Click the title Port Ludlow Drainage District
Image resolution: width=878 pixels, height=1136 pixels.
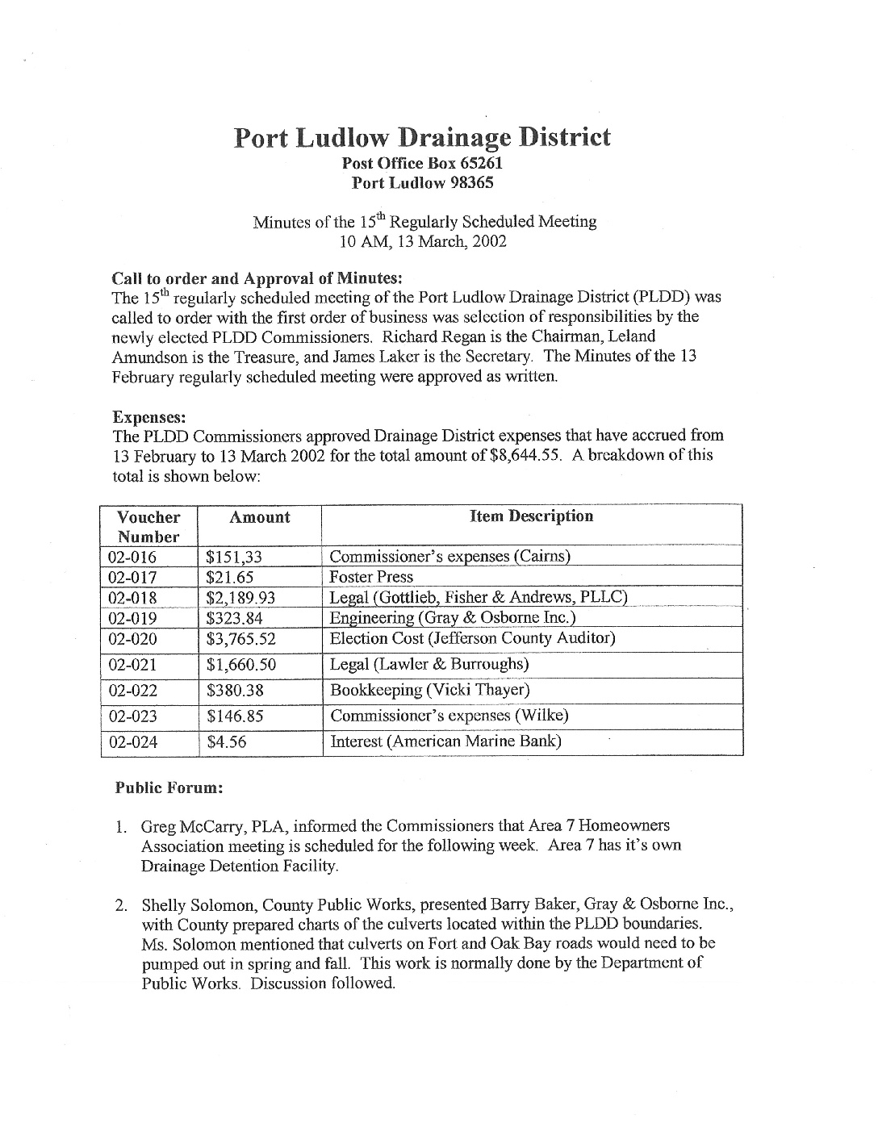coord(422,138)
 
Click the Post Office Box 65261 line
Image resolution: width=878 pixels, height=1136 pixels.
coord(423,164)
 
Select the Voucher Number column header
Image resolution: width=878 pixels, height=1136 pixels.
coord(148,526)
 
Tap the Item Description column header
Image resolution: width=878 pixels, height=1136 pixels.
coord(531,516)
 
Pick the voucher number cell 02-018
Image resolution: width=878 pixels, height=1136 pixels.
coord(132,598)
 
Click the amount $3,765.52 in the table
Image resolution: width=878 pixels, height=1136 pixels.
coord(241,639)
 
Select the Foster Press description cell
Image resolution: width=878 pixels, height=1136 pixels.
coord(371,577)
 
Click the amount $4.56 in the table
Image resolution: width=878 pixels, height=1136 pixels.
coord(227,742)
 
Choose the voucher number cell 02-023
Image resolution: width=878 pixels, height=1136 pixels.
coord(132,716)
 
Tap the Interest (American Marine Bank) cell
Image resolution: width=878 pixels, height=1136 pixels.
coord(445,741)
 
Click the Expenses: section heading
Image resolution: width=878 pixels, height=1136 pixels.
coord(149,417)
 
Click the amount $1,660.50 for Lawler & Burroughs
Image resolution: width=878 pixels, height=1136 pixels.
coord(241,665)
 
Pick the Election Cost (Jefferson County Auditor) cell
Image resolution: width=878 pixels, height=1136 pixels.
coord(473,639)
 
